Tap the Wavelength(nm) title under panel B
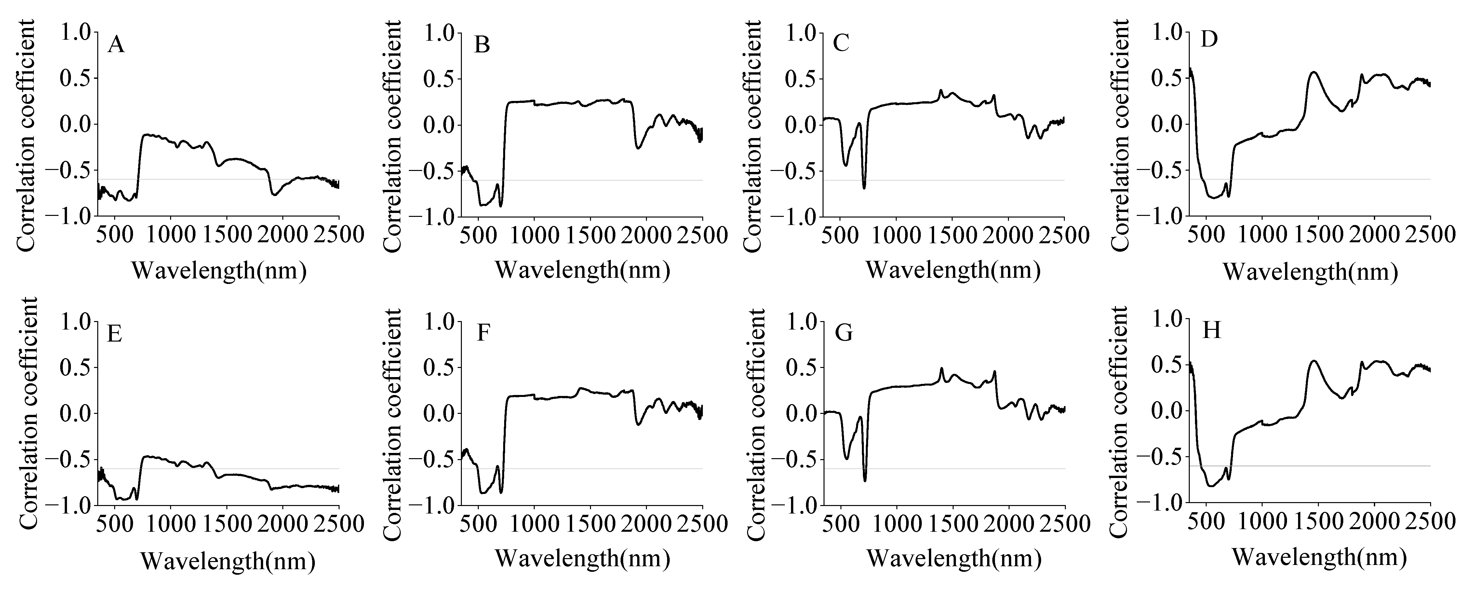pos(582,269)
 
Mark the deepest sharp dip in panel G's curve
pos(865,480)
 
